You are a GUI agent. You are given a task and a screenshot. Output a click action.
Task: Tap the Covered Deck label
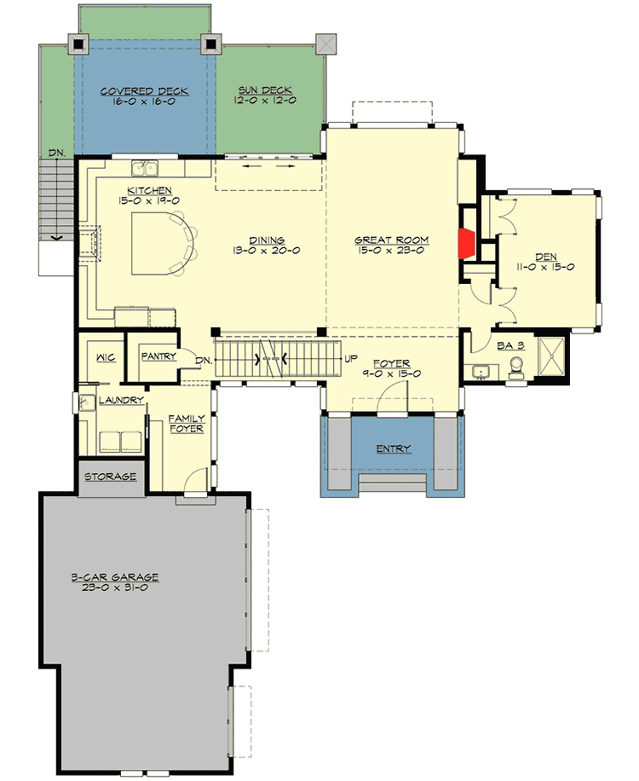(x=143, y=91)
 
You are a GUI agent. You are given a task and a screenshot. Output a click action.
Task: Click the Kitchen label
(x=150, y=190)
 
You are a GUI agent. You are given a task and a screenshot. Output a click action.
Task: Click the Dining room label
(x=268, y=240)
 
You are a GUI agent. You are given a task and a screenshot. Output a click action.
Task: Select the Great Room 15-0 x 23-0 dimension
(x=391, y=250)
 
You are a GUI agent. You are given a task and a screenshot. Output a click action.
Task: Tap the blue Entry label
(x=394, y=448)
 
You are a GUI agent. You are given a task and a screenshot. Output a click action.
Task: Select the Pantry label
(x=159, y=356)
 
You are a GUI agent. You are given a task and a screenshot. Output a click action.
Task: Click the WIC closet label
(x=106, y=358)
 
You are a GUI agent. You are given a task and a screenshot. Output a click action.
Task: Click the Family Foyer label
(x=186, y=424)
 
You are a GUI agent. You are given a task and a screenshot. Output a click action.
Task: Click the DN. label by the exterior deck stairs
(x=57, y=152)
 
